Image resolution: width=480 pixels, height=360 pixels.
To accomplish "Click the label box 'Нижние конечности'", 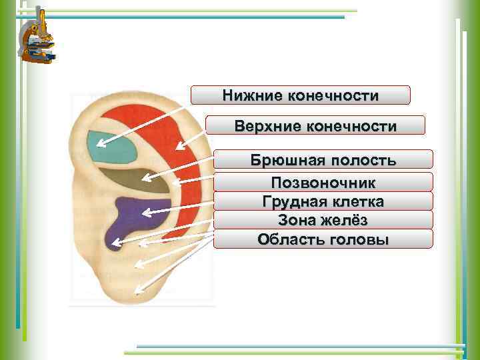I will click(x=300, y=95).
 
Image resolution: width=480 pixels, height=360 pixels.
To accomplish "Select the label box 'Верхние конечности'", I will click(x=315, y=125).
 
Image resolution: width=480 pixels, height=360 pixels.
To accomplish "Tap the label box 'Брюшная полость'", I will click(x=323, y=159).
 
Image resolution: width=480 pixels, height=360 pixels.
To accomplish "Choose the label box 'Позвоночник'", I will click(x=323, y=182).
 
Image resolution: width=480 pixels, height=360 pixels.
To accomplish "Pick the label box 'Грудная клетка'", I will click(x=323, y=201).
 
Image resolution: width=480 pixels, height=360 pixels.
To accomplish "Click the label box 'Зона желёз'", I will click(x=323, y=219).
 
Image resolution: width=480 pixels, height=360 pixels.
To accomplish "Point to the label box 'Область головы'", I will click(x=323, y=239).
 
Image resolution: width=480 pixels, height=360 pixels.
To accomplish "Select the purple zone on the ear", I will click(x=127, y=217).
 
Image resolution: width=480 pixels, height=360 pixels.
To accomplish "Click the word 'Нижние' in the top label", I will click(x=253, y=96).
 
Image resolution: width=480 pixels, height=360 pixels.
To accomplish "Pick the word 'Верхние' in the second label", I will click(x=265, y=126).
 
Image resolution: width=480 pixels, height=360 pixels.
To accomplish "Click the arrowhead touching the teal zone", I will click(x=107, y=142).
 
